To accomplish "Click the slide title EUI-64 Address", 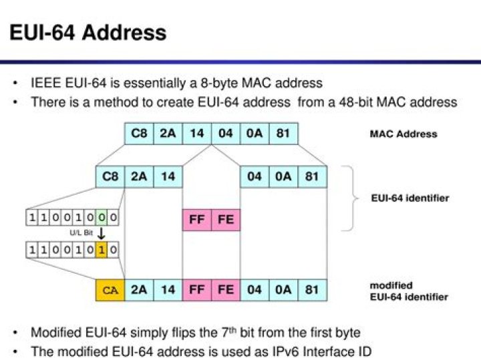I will click(x=87, y=31).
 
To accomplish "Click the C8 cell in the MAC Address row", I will click(x=139, y=134).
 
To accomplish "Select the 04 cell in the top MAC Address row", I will click(x=226, y=134).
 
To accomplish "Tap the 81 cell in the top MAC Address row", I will click(x=283, y=134).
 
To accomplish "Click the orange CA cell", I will click(x=110, y=290).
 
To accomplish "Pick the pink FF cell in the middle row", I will click(x=197, y=220).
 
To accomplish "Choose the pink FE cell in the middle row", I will click(x=226, y=220).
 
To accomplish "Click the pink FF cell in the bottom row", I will click(x=197, y=290).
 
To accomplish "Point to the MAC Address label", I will click(x=403, y=134).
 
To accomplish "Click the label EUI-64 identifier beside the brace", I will click(x=410, y=198).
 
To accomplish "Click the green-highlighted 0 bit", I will click(x=101, y=217).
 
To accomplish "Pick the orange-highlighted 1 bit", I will click(x=101, y=250).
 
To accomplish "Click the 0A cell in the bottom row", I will click(x=283, y=290).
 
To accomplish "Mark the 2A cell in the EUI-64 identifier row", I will click(x=139, y=177).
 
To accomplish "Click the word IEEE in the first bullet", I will click(x=45, y=83).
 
